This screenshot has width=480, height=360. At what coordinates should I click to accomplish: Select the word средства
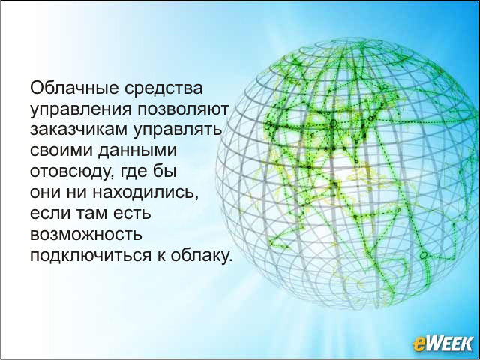pos(163,88)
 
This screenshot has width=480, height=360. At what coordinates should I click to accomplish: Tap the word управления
pos(81,110)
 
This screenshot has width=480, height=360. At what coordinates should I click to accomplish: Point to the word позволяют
pos(183,109)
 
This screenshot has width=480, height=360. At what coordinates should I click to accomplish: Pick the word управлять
pos(177,130)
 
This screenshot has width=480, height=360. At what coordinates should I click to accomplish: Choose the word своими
pos(61,151)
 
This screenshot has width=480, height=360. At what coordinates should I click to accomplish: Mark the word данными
pos(137,151)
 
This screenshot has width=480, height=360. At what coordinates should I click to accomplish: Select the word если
pos(50,213)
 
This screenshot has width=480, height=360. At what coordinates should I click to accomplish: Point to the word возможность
pos(86,235)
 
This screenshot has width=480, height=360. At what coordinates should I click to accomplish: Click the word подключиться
pos(91,256)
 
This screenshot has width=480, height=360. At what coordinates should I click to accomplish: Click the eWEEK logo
pos(443,343)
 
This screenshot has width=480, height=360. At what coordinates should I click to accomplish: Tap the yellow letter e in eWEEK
pos(418,345)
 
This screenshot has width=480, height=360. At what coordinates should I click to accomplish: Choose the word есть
pos(132,213)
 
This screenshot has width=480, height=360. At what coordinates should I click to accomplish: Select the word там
pos(92,213)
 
